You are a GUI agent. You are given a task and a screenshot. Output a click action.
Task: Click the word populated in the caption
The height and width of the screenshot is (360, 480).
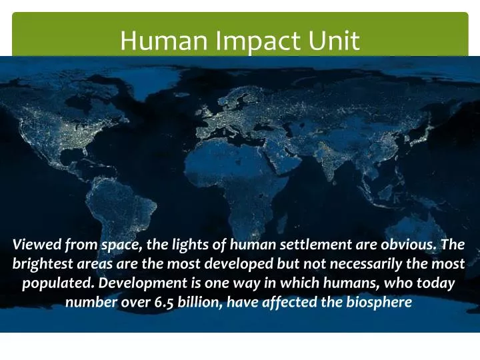56,283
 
